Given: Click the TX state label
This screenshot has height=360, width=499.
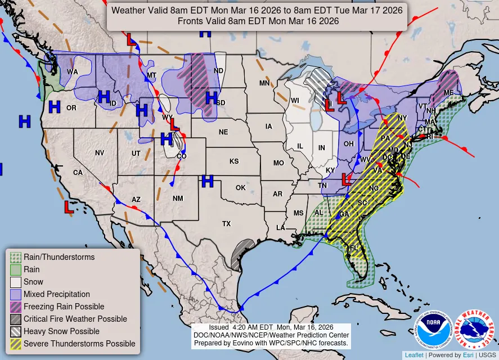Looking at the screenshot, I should pyautogui.click(x=226, y=224).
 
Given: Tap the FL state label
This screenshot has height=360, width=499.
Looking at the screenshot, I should pyautogui.click(x=354, y=248).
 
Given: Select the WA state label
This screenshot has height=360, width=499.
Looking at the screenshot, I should pyautogui.click(x=73, y=72).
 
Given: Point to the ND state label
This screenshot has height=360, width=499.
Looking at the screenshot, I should pyautogui.click(x=218, y=71).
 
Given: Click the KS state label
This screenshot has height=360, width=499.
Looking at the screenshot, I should pyautogui.click(x=234, y=161).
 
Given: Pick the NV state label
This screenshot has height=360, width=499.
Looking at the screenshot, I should pyautogui.click(x=100, y=152).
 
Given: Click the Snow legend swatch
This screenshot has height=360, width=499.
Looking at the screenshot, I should pyautogui.click(x=16, y=282).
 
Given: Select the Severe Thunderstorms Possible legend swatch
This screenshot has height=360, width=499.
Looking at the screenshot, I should pyautogui.click(x=16, y=344).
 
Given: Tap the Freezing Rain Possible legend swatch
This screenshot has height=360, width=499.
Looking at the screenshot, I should pyautogui.click(x=16, y=307).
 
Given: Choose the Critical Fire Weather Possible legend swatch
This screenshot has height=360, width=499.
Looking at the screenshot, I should pyautogui.click(x=16, y=319).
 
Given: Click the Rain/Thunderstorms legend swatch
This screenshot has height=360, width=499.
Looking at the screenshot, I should pyautogui.click(x=16, y=257).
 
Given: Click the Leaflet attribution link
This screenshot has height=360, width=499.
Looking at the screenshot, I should pyautogui.click(x=415, y=355).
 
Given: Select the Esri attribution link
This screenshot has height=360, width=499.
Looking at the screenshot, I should pyautogui.click(x=467, y=355).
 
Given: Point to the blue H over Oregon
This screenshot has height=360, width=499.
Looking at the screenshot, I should pyautogui.click(x=54, y=106).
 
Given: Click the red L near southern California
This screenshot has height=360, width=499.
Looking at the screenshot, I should pyautogui.click(x=68, y=207).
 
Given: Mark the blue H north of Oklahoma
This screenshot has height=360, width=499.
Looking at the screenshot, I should pyautogui.click(x=208, y=181).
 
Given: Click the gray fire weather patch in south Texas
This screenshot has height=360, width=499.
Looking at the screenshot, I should pyautogui.click(x=242, y=254).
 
